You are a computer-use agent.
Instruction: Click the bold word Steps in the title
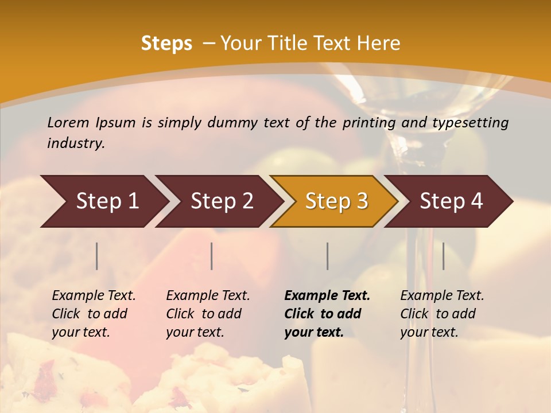coord(166,44)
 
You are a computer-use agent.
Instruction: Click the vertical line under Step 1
coord(97,256)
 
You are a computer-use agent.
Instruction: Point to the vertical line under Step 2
coord(212,256)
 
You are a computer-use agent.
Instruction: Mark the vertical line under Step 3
coord(328,256)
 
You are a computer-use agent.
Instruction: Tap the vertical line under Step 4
coord(444,256)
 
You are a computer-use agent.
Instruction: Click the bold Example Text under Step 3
coord(327,296)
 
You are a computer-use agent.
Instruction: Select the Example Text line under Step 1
coord(94,296)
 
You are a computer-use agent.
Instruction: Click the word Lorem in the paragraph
coord(68,123)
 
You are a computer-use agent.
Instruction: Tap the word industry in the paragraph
coord(76,143)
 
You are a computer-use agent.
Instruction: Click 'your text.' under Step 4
coord(429,333)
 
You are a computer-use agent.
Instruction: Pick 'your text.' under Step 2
coord(195,333)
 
